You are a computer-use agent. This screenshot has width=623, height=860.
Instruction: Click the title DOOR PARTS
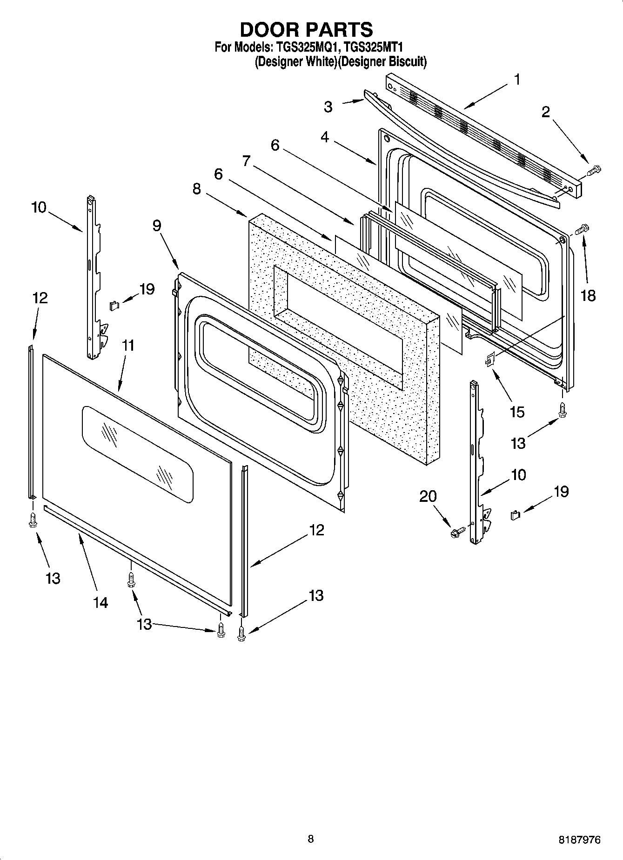(x=306, y=29)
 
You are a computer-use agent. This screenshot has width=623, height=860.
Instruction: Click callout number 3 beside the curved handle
(x=328, y=107)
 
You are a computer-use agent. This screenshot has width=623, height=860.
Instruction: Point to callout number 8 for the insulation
(x=196, y=189)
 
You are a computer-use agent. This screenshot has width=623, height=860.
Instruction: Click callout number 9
(x=157, y=226)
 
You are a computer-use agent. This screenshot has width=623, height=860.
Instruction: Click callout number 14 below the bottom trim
(x=100, y=602)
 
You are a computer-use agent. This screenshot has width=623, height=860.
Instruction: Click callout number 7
(x=246, y=161)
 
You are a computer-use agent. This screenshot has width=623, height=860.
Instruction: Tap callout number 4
(x=324, y=138)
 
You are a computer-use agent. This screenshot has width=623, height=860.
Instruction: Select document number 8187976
(x=579, y=840)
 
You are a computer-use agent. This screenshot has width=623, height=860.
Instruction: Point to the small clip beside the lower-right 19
(x=515, y=515)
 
